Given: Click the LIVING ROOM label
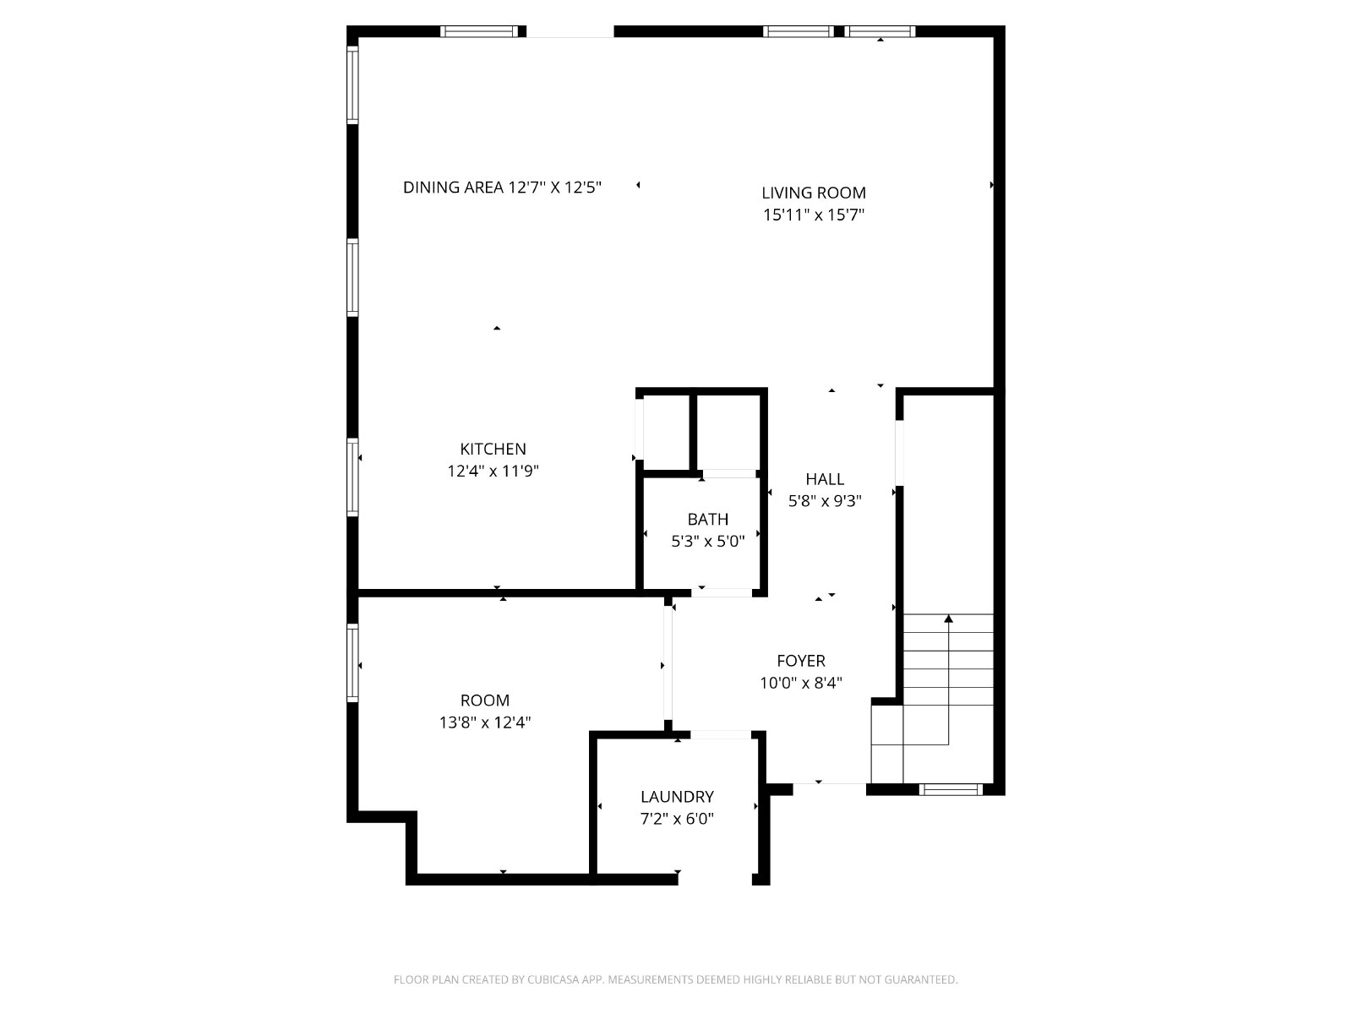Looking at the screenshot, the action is tap(813, 193).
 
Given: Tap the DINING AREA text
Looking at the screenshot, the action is tap(453, 187).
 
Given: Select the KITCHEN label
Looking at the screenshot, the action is tap(493, 449).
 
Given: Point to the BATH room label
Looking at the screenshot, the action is tap(708, 519).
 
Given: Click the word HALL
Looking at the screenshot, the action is tap(825, 479).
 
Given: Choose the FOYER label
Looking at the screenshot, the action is tap(801, 661).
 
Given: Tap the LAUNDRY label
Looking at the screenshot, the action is tap(677, 797).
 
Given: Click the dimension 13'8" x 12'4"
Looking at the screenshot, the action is tap(485, 722).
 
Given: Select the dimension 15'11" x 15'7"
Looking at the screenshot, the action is tap(814, 215).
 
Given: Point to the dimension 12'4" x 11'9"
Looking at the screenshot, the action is tap(493, 471).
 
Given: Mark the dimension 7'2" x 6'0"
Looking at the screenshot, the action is tap(677, 819).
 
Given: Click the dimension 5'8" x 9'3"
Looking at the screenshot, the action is tap(825, 501).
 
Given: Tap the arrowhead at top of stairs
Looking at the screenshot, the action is tap(949, 619).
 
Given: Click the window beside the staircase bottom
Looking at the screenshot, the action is tap(951, 789).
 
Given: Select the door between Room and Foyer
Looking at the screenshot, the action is tap(668, 663).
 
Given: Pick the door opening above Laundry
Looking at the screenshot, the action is tap(721, 734).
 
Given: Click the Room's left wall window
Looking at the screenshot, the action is tap(352, 662).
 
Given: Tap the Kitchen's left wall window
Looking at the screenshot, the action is tap(352, 477).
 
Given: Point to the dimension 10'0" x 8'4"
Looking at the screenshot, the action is tap(801, 683).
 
